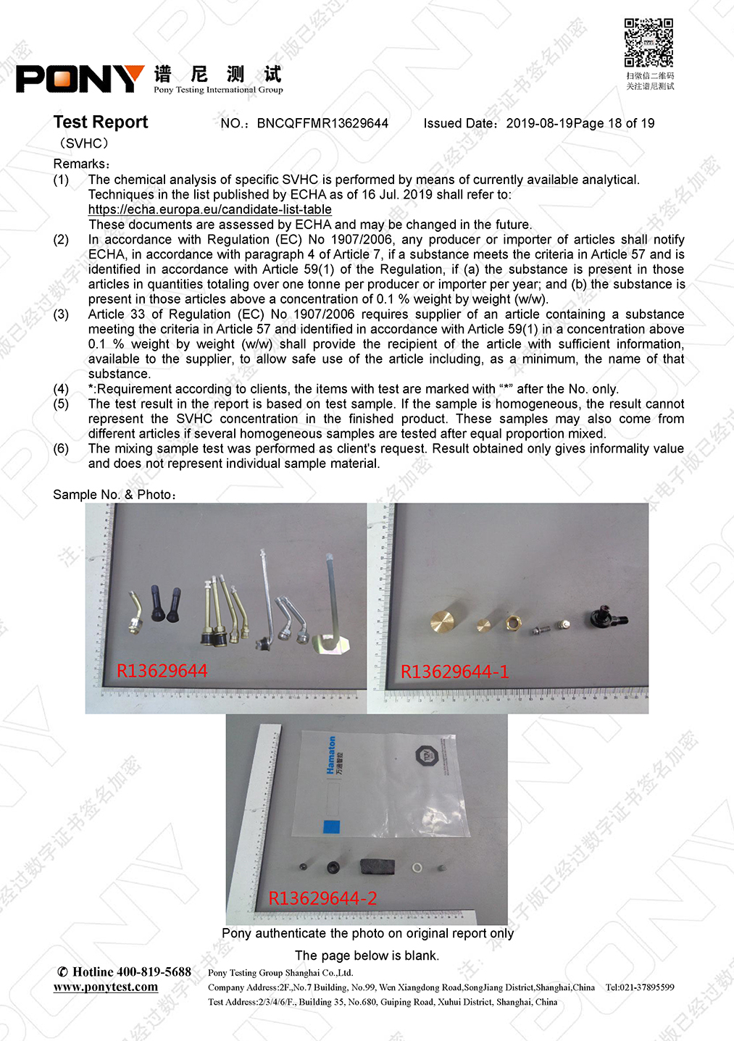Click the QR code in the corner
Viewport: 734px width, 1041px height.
click(648, 43)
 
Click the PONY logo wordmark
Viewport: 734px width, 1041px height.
click(80, 79)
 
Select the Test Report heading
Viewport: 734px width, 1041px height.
click(101, 122)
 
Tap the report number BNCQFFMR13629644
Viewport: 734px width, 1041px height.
click(322, 124)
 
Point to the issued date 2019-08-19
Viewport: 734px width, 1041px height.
click(539, 124)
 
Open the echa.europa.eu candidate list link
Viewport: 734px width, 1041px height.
click(210, 210)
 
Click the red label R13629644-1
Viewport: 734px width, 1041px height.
click(454, 672)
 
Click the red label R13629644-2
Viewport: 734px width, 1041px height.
click(322, 899)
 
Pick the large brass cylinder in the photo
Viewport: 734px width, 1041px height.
click(442, 621)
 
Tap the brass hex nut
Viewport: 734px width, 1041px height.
click(512, 622)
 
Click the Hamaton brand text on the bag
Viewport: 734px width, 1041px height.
click(331, 755)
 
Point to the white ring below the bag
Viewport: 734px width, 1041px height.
click(417, 867)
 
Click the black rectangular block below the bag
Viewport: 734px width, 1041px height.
click(377, 866)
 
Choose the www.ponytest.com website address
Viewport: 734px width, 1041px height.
click(106, 987)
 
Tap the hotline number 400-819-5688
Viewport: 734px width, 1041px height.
click(154, 972)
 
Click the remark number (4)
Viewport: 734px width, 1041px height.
click(61, 389)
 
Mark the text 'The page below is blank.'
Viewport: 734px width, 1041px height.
click(367, 956)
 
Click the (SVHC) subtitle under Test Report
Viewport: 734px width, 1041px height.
click(84, 143)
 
